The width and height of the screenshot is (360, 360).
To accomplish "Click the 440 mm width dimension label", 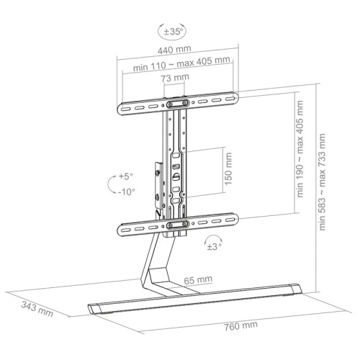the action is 174,50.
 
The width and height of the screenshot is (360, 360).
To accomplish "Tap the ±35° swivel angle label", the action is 173,32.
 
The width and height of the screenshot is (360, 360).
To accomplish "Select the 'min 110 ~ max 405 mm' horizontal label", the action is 181,64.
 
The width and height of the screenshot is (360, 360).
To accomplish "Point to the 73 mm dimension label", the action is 175,78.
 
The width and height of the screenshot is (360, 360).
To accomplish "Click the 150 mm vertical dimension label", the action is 228,168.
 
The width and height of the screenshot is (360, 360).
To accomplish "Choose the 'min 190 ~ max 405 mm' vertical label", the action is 300,149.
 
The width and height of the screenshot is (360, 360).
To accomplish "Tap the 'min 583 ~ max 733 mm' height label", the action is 322,182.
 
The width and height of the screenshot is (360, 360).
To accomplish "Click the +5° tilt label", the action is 126,176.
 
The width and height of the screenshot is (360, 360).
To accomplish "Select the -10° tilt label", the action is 126,192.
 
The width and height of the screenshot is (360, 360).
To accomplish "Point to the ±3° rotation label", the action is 214,246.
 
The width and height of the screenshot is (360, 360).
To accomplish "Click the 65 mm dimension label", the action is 198,280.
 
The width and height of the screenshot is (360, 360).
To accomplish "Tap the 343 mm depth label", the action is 37,309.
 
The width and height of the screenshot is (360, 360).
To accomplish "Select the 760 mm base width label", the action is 240,325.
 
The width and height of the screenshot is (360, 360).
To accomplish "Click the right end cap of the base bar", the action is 296,289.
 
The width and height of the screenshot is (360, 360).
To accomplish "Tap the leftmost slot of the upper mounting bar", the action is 125,109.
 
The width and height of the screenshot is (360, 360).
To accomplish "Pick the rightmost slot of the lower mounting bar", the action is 230,220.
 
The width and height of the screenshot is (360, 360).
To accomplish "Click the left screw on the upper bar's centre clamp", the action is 170,104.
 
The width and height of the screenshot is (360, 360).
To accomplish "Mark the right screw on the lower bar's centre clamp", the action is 186,224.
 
